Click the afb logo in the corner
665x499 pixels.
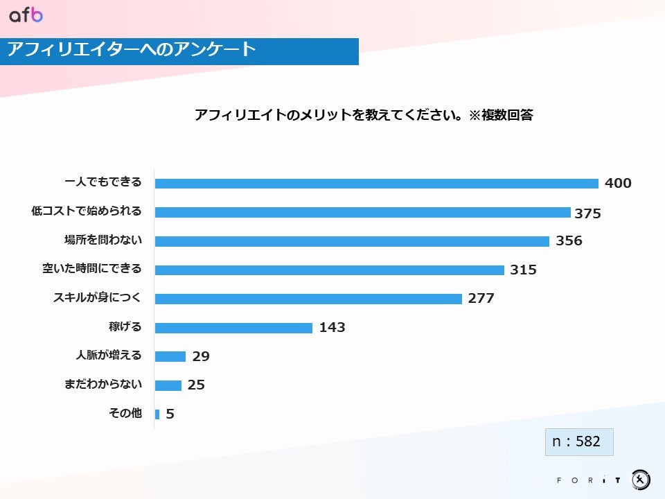point(26,15)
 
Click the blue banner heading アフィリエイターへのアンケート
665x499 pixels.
point(132,50)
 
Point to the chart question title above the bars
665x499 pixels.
point(363,115)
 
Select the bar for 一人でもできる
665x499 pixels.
point(376,184)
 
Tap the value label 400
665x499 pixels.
point(618,184)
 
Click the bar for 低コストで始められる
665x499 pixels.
point(362,213)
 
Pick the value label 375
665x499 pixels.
point(587,213)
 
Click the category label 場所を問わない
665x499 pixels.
point(103,240)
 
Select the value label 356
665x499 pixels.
point(569,241)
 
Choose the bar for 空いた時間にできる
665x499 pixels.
point(329,270)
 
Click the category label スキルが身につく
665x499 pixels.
point(97,298)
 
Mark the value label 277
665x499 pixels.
point(481,299)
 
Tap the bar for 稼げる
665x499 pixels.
point(233,328)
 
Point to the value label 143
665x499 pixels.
point(332,328)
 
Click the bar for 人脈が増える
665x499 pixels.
point(170,356)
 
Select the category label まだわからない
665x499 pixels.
point(103,384)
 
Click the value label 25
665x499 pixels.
point(196,385)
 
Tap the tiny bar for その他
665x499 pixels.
point(157,414)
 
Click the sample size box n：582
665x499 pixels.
point(579,441)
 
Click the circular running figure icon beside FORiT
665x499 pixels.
point(641,480)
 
